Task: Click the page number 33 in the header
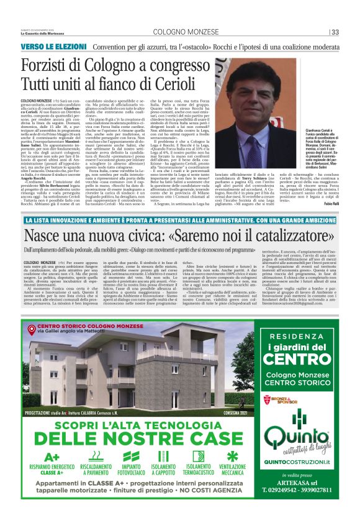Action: pos(335,32)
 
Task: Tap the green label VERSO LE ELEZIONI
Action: pos(50,46)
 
